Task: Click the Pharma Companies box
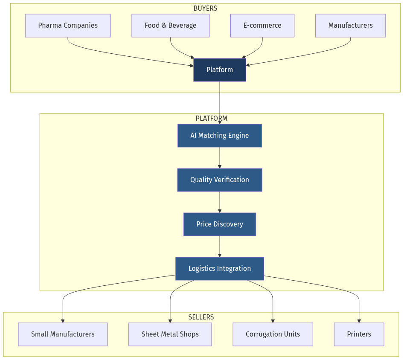[x=68, y=26]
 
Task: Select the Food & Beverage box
[x=170, y=26]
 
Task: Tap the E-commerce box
[x=262, y=26]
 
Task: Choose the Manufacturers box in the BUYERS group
[x=350, y=26]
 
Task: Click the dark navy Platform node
[x=220, y=70]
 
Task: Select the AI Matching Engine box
[x=220, y=136]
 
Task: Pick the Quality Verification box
[x=220, y=180]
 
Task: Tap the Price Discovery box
[x=220, y=224]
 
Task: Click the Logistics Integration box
[x=220, y=269]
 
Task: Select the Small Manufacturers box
[x=63, y=334]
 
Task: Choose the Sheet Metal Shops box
[x=170, y=334]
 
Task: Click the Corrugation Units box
[x=273, y=334]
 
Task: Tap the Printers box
[x=359, y=334]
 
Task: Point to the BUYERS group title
[x=205, y=9]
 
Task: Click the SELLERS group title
[x=201, y=317]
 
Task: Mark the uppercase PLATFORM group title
[x=211, y=119]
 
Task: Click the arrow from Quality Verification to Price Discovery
[x=220, y=202]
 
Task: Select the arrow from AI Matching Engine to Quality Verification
[x=220, y=158]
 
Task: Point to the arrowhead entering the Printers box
[x=359, y=321]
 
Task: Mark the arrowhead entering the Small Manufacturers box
[x=63, y=321]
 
